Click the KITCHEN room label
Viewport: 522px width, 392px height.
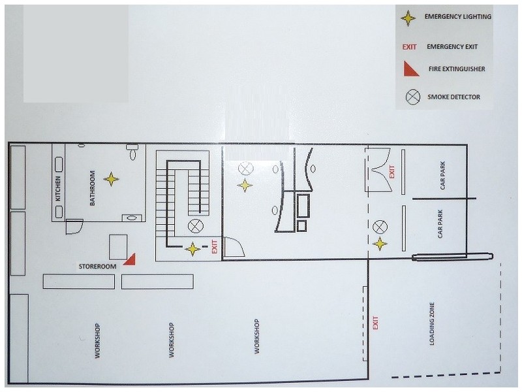58,188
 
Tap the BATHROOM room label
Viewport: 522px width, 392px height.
92,188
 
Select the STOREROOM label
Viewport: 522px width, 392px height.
97,267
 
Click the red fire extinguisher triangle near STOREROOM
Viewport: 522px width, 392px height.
130,260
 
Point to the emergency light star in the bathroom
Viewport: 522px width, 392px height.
111,179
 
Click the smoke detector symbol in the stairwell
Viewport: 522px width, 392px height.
196,226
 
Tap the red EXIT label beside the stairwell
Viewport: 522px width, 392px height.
215,247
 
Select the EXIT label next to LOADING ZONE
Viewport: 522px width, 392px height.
376,323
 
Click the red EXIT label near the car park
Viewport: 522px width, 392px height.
392,172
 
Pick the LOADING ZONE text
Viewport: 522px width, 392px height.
432,323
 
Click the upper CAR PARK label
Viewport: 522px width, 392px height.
442,176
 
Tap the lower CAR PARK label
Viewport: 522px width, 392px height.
440,223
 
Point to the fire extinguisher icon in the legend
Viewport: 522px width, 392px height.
410,69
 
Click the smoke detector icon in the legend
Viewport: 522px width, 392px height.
413,97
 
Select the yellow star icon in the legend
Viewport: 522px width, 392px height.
408,18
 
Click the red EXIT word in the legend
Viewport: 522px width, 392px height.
409,47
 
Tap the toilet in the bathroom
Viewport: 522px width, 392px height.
132,152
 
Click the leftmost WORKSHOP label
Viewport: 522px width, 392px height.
97,340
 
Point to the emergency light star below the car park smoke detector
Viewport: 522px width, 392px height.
380,244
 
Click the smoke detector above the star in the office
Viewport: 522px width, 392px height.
246,169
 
